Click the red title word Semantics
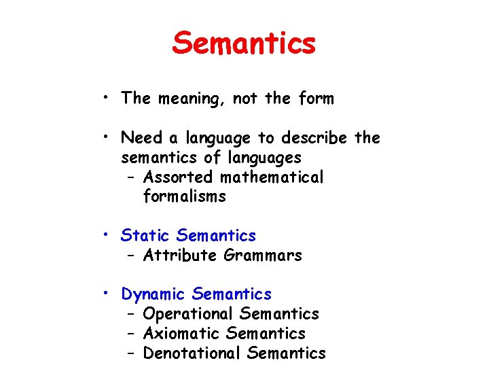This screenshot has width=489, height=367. pyautogui.click(x=244, y=43)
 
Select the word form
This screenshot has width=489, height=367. pyautogui.click(x=316, y=99)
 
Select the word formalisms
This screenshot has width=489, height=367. pyautogui.click(x=185, y=197)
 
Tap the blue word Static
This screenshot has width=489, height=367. pyautogui.click(x=145, y=236)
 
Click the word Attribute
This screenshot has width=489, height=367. pyautogui.click(x=180, y=256)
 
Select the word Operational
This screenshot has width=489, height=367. pyautogui.click(x=188, y=314)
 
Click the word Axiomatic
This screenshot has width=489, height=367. pyautogui.click(x=182, y=334)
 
